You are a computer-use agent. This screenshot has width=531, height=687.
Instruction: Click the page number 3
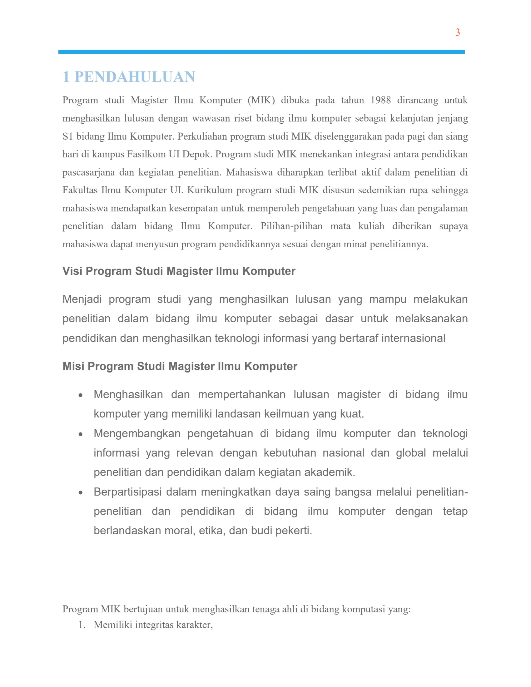pos(457,32)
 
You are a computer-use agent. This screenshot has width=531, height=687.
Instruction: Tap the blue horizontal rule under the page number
pos(261,52)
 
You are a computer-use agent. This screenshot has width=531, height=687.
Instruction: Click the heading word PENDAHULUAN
pos(135,77)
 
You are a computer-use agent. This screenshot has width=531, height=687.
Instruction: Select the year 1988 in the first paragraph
pos(381,100)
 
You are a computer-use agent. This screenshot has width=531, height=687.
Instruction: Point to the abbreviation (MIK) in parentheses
pos(261,100)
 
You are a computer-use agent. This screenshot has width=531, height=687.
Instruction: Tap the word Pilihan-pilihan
pos(291,226)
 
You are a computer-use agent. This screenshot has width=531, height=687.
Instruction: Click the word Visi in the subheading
pos(72,271)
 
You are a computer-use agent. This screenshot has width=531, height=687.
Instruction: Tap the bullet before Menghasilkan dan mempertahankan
pos(81,395)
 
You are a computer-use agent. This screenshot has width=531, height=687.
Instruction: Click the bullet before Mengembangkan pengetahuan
pos(81,434)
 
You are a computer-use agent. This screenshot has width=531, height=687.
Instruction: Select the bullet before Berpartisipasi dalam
pos(81,492)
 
